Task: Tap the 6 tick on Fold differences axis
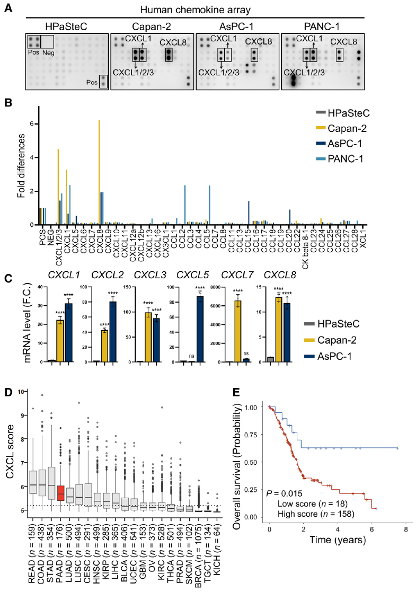pos(31,124)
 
